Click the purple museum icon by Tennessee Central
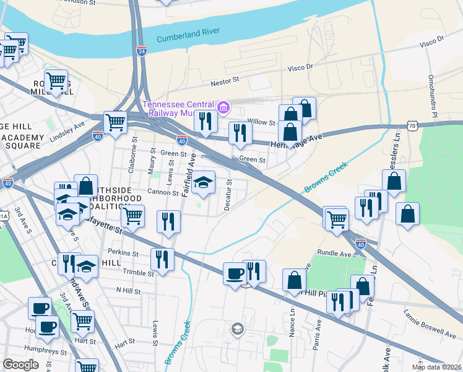coord(223,109)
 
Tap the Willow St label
coord(261,123)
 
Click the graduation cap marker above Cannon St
coord(202,182)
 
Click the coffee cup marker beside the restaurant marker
coord(235,273)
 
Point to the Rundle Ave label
coord(334,253)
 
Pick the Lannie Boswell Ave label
coord(428,322)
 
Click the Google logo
coord(20,365)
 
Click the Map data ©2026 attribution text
coord(436,367)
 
